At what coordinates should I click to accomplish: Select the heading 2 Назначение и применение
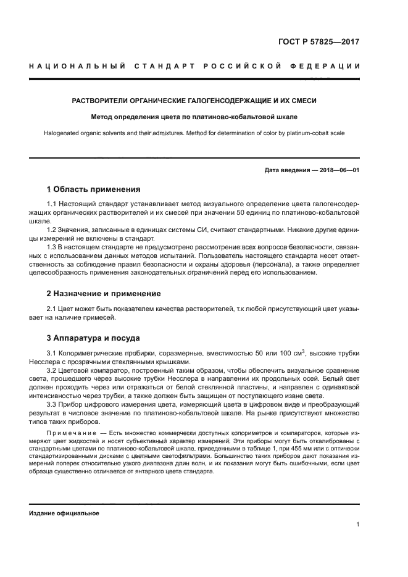click(x=104, y=293)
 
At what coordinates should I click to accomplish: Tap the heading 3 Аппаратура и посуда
click(x=93, y=338)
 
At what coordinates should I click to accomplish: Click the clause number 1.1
click(x=52, y=203)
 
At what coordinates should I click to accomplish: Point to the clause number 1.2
click(x=52, y=230)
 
